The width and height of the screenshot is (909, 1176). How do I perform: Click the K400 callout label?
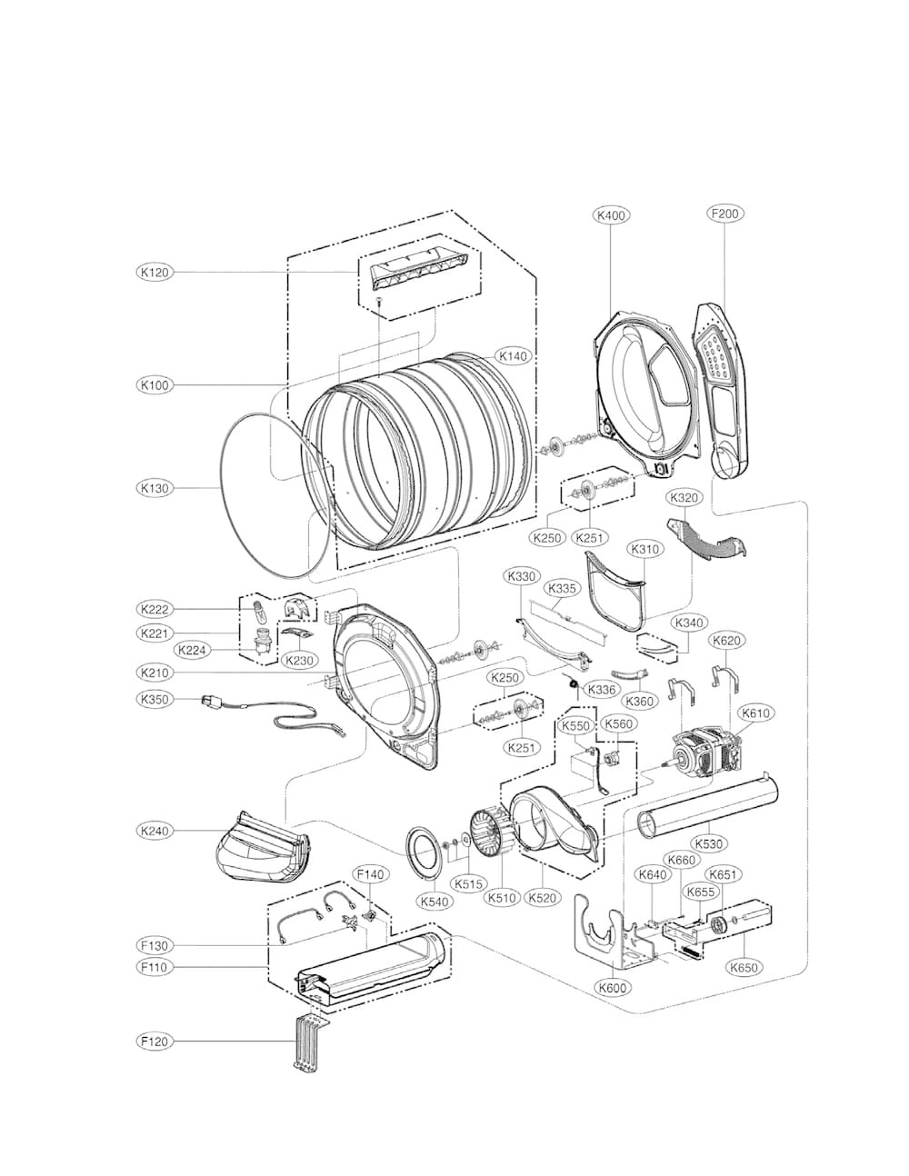coord(611,215)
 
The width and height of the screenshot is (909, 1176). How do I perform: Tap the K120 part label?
coord(155,272)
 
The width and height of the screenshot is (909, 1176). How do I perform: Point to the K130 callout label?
coord(155,488)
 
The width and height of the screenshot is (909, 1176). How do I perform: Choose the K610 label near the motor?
coord(755,713)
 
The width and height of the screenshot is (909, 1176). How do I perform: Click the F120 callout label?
coord(155,1041)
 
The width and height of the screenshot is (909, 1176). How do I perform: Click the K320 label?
coord(684,498)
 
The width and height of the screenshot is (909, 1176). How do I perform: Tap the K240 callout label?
coord(155,831)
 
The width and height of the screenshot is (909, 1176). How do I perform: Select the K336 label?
coord(602,690)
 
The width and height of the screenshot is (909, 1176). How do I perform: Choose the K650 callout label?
coord(744,967)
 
